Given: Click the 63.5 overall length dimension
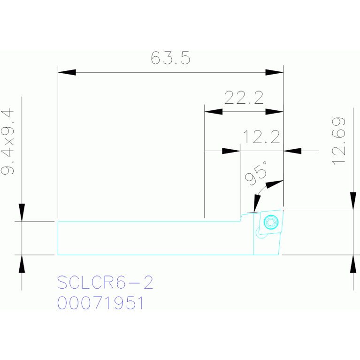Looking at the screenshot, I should (170, 59).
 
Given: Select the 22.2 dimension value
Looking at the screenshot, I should (244, 98).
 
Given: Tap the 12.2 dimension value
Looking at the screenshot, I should (261, 138).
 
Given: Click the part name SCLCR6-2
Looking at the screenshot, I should (105, 283).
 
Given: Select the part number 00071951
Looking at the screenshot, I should (100, 303).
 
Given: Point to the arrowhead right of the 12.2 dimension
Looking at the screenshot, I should (293, 151).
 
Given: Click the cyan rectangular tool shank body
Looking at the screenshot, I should (150, 238).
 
